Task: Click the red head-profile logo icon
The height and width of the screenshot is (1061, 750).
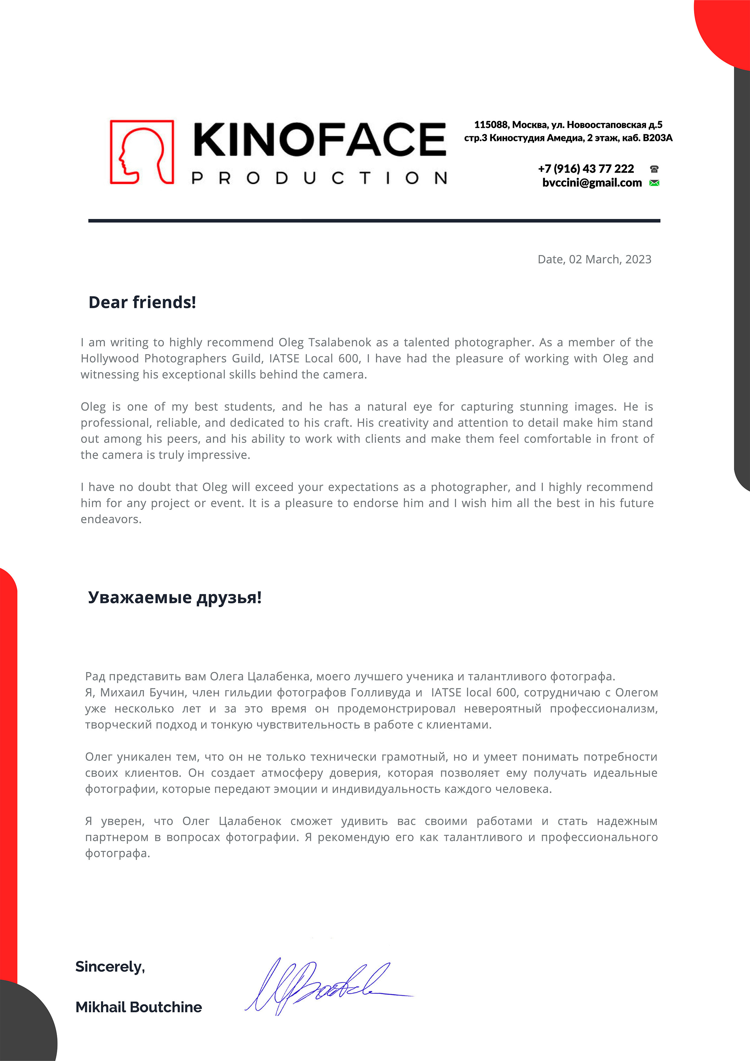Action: (142, 152)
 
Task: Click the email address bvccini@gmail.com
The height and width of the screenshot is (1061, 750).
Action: (592, 183)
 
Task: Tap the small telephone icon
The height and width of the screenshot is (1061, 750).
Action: (654, 169)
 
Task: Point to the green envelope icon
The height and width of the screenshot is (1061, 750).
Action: (654, 184)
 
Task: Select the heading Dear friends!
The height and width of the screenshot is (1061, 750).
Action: (142, 303)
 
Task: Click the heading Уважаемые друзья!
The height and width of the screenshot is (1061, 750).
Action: (175, 598)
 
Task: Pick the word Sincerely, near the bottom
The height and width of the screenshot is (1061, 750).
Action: (110, 967)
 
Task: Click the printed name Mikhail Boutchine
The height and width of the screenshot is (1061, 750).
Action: (139, 1007)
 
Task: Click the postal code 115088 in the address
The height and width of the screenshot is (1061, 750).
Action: (491, 125)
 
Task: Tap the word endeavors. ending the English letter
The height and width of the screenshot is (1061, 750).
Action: (111, 519)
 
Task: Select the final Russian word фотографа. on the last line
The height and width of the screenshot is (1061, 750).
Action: (117, 854)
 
